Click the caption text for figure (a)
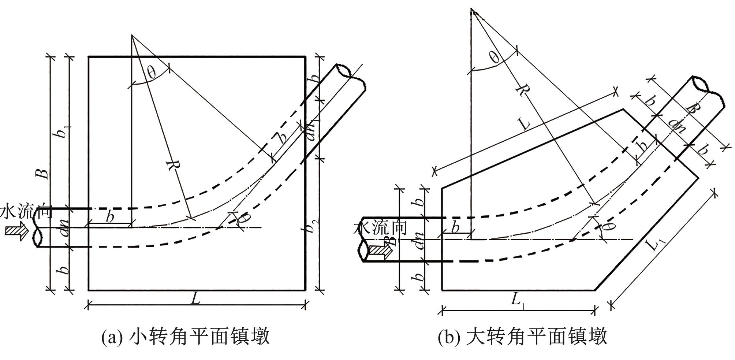[x=186, y=336]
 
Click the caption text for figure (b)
[x=523, y=336]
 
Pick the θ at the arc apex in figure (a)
[x=151, y=73]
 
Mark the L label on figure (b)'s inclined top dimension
[x=524, y=124]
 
